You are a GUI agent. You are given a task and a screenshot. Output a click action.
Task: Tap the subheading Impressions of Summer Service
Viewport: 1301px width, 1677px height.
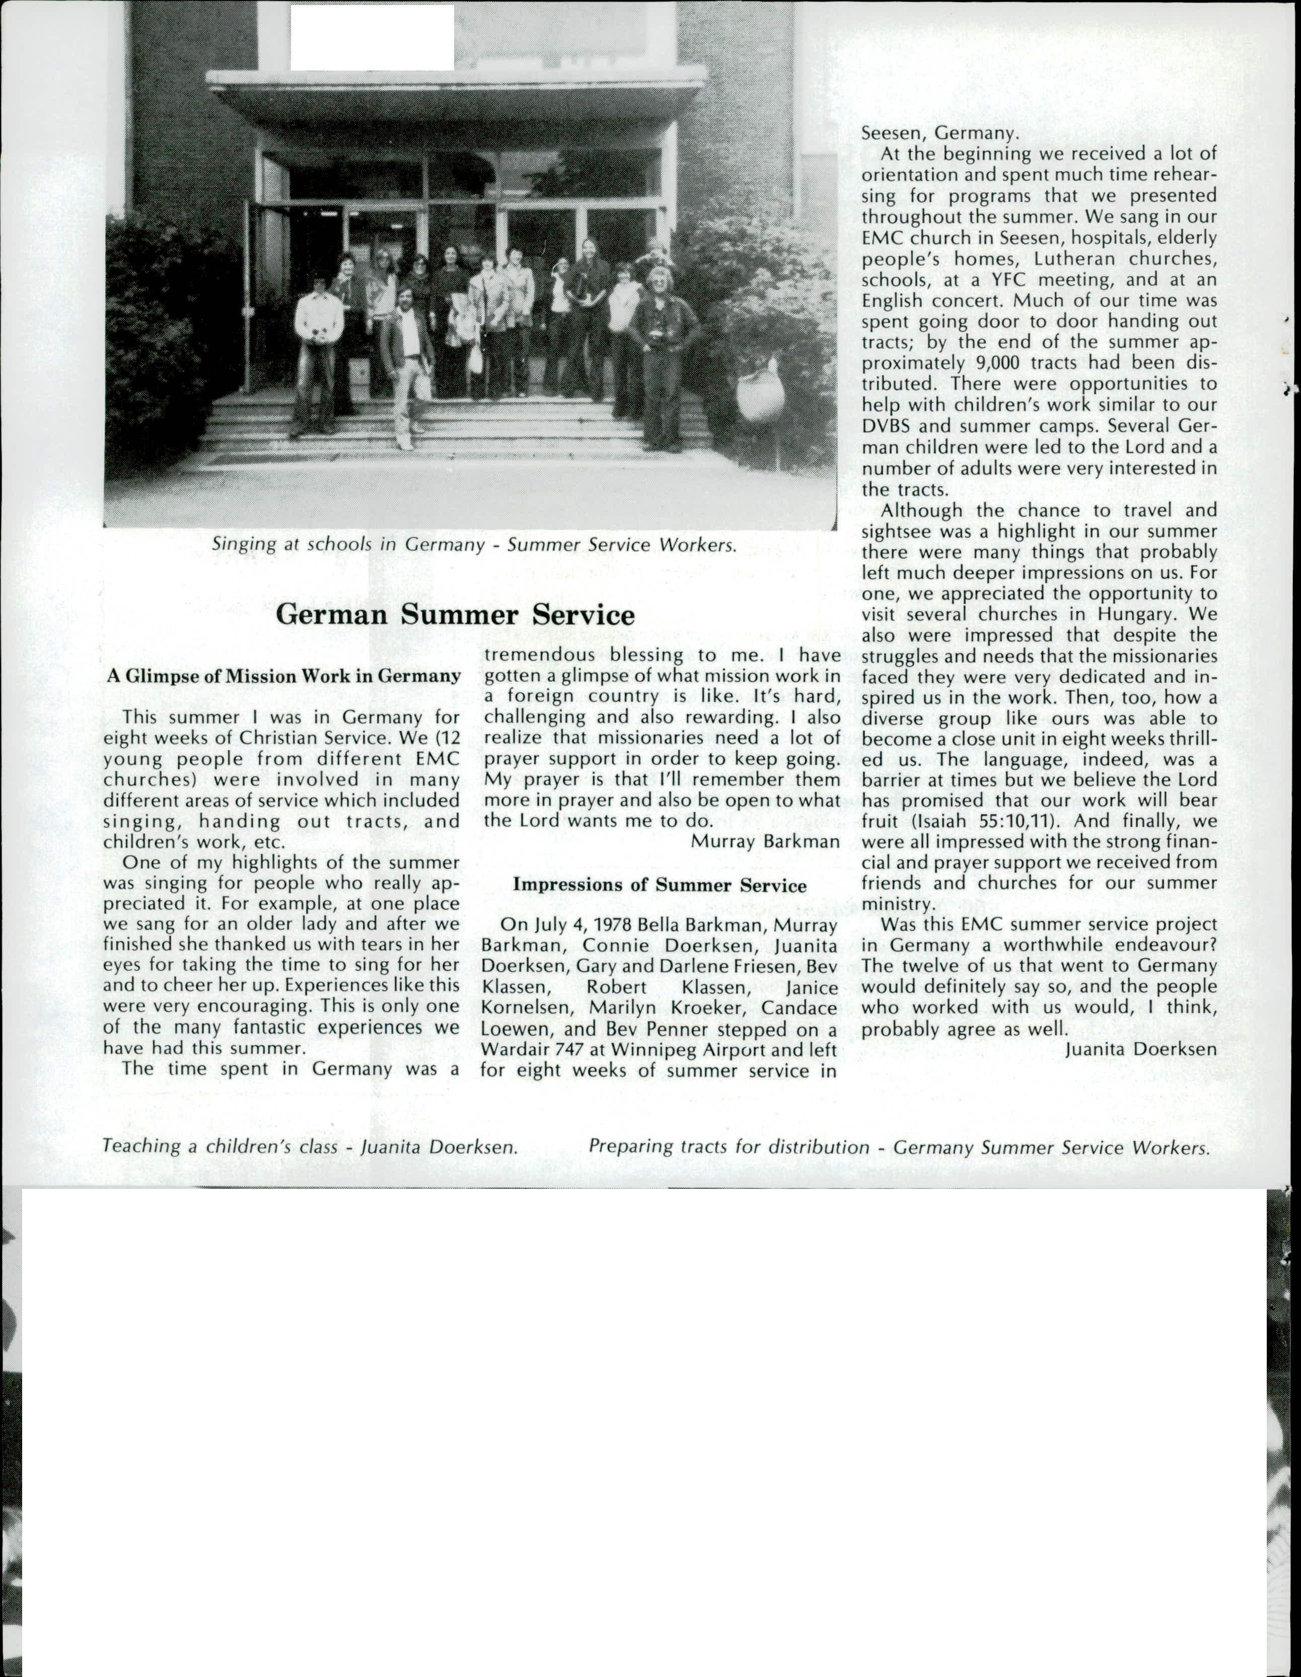click(660, 885)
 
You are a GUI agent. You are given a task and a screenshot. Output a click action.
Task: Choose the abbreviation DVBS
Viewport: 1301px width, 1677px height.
click(886, 425)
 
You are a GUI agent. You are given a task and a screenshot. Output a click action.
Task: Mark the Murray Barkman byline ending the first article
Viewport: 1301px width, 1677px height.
click(764, 841)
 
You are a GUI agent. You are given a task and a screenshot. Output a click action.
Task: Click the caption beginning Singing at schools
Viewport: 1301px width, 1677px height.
click(474, 545)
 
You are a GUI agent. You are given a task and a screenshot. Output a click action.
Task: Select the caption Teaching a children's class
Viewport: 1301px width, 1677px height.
click(309, 1147)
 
